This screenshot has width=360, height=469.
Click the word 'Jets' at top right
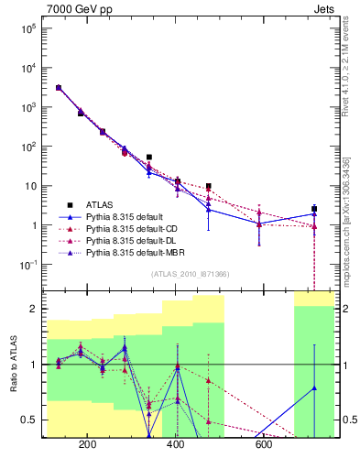point(322,8)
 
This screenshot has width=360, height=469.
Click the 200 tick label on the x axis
point(88,446)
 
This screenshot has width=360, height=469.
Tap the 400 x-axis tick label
point(176,446)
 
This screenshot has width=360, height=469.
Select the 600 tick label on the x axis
point(264,446)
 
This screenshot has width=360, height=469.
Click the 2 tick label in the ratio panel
point(33,309)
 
